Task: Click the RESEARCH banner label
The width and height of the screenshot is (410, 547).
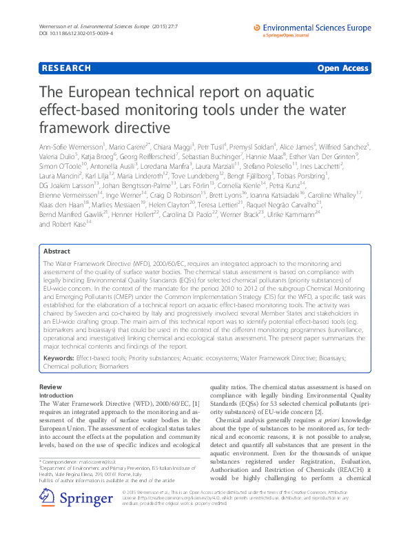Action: click(66, 68)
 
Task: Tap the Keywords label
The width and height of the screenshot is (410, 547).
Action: click(59, 359)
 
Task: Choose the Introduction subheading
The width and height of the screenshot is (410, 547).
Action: click(57, 395)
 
